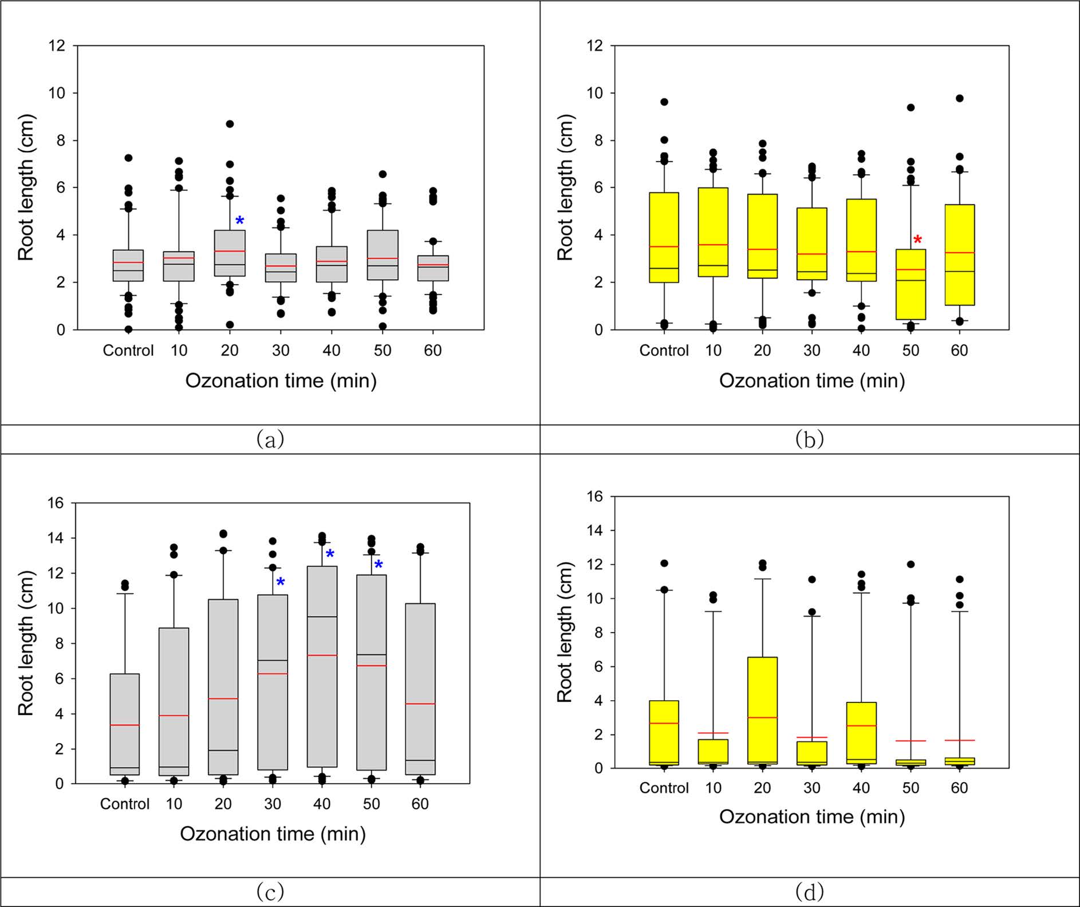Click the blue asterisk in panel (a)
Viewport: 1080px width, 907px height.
(x=240, y=221)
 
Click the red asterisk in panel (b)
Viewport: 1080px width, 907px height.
(x=918, y=240)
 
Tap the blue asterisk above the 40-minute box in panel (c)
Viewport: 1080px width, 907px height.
(x=330, y=554)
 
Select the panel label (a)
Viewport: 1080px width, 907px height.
(x=270, y=439)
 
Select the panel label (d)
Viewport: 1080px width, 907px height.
(x=810, y=892)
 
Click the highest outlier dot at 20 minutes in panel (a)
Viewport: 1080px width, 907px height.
(x=230, y=124)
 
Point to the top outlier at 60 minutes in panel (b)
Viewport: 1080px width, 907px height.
(x=960, y=99)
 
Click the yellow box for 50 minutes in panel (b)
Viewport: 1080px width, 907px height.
(x=910, y=284)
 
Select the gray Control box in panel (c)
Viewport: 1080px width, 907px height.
(x=125, y=724)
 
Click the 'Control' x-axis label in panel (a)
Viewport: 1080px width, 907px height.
(x=128, y=350)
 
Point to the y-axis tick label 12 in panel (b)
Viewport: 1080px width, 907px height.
(x=594, y=45)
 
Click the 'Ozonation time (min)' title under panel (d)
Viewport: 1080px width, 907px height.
(x=812, y=816)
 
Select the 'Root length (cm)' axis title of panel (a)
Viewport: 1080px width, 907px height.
(x=26, y=188)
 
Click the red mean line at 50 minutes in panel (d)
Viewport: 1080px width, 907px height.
(x=910, y=741)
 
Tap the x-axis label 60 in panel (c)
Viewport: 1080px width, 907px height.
(x=420, y=804)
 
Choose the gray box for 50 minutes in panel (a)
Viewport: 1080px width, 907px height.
(x=383, y=255)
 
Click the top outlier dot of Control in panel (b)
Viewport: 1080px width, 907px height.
(x=664, y=102)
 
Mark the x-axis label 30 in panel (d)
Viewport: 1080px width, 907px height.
(x=812, y=788)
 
